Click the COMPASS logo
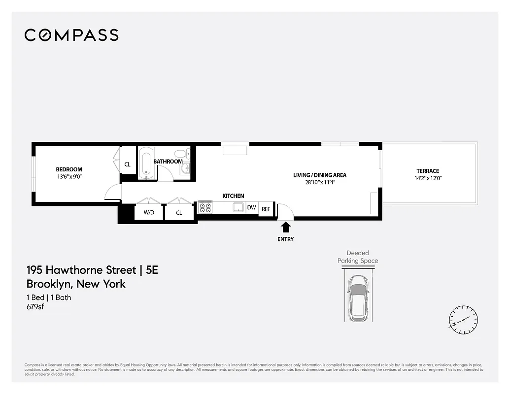point(71,35)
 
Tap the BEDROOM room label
point(69,169)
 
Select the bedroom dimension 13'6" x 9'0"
point(69,176)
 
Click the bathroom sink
point(185,169)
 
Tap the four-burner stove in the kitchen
point(205,208)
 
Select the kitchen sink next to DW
point(238,207)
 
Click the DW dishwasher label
point(251,208)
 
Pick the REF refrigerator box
point(266,209)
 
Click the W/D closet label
point(149,213)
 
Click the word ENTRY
point(285,239)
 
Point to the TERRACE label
point(427,171)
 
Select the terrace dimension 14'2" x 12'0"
point(427,178)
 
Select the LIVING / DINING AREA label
point(320,175)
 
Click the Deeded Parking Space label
point(358,257)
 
